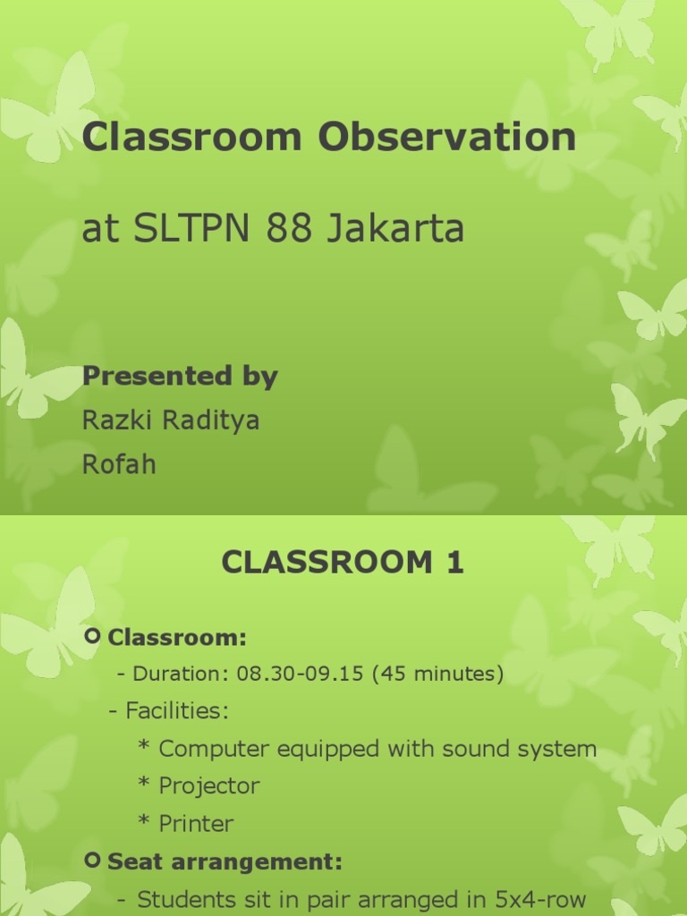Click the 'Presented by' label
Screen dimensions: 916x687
tap(180, 377)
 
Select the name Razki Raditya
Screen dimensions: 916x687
tap(171, 420)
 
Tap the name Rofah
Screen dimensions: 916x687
tap(119, 464)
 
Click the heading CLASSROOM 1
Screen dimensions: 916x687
tap(343, 563)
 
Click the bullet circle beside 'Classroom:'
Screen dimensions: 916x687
tap(93, 637)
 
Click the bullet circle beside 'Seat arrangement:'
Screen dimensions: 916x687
tap(93, 861)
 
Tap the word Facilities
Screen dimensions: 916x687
tap(176, 711)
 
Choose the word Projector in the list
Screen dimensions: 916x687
tap(209, 786)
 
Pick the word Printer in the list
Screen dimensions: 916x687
tap(196, 824)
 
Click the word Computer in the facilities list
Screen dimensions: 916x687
tap(215, 749)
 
